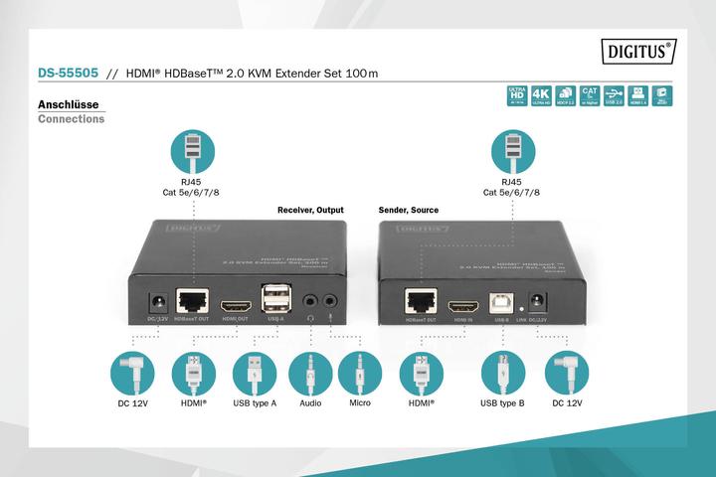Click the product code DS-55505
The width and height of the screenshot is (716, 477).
68,74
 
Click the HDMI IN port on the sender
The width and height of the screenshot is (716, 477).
464,304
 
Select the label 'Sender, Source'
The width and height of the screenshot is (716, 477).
409,211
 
